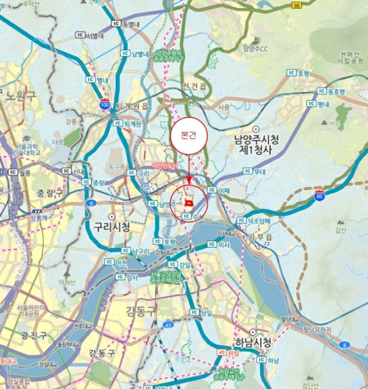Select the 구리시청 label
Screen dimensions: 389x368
[x=112, y=227]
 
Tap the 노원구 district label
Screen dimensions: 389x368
[x=21, y=96]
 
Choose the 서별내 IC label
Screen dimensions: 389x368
[x=90, y=35]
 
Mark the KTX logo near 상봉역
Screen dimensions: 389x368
[x=37, y=211]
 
